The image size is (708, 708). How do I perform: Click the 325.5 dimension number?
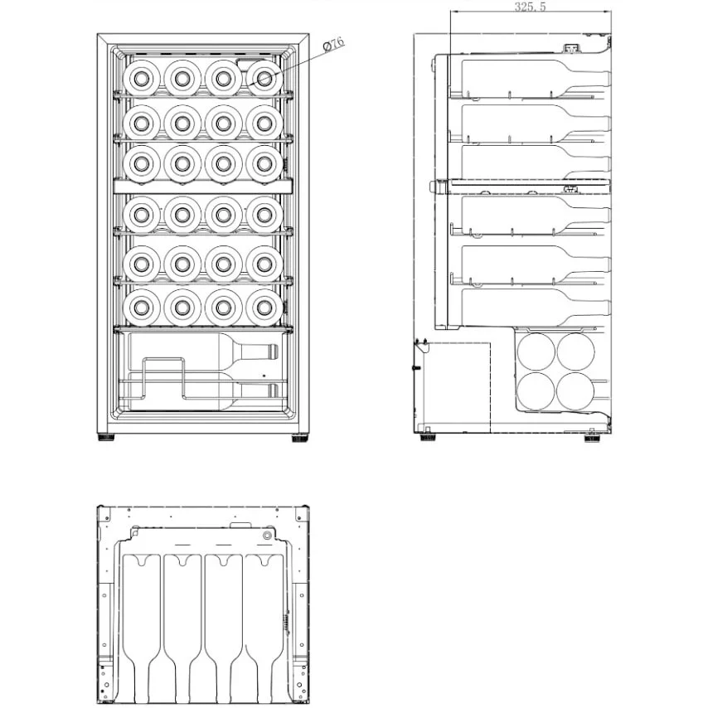point(530,7)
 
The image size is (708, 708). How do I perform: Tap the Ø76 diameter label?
point(333,45)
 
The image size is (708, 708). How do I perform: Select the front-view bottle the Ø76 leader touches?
point(263,78)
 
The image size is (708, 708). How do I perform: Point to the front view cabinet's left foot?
point(106,439)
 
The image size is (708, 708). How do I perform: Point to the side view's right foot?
point(594,439)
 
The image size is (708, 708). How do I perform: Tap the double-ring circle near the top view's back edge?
point(267,536)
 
